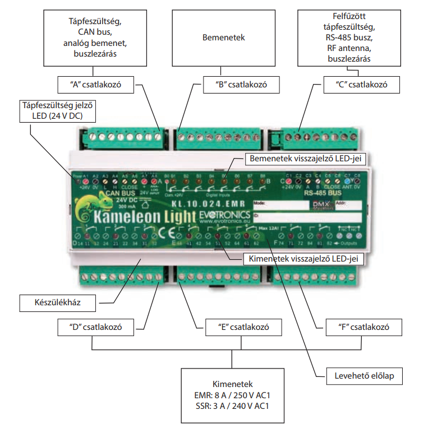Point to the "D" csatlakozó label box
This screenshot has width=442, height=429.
[x=95, y=327]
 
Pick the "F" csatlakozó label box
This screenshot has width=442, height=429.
[x=365, y=327]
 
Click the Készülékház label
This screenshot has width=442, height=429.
[x=58, y=303]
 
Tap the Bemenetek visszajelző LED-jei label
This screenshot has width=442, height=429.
[x=305, y=159]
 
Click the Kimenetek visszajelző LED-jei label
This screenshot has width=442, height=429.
[x=304, y=259]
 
